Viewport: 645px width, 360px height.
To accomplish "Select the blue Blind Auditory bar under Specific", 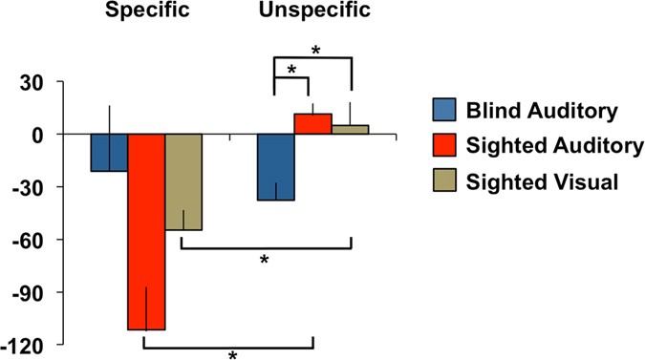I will pos(109,153).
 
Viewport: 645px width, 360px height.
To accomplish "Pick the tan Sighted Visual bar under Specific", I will pos(183,182).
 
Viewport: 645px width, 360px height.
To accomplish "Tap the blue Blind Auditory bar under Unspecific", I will pos(275,167).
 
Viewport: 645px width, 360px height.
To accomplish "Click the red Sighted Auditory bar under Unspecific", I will pos(312,124).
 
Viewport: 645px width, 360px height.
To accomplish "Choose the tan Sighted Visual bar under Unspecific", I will pos(350,130).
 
